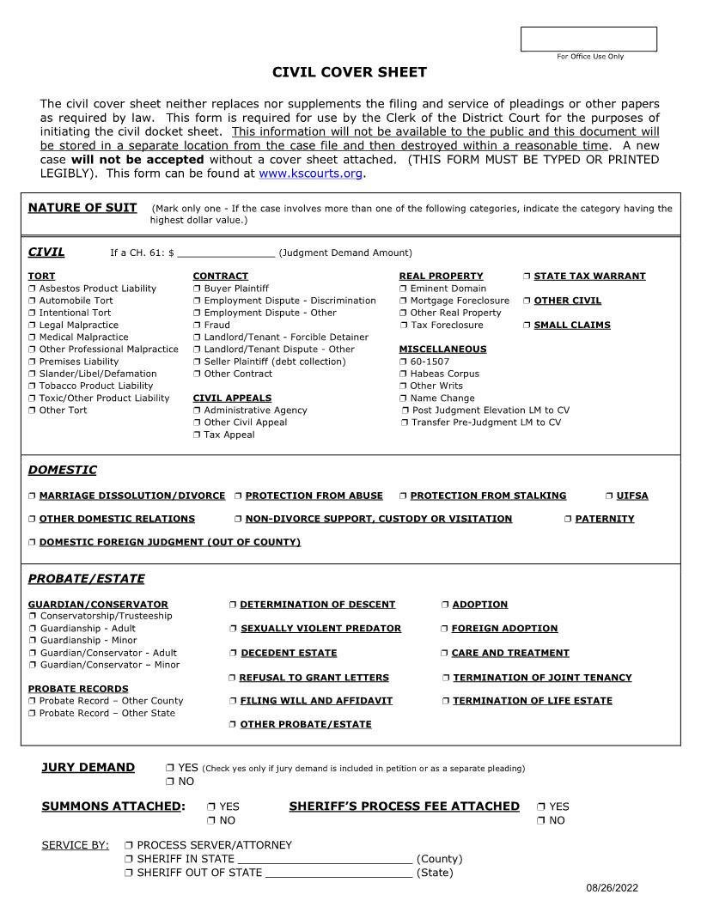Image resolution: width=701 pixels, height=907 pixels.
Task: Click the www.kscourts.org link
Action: (x=310, y=173)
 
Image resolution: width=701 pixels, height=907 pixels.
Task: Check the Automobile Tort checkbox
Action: (x=32, y=301)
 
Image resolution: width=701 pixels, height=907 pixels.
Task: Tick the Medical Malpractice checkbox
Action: (x=32, y=338)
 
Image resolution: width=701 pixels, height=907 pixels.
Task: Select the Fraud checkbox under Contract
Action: (x=197, y=326)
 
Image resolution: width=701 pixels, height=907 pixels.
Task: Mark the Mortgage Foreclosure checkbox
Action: (x=403, y=301)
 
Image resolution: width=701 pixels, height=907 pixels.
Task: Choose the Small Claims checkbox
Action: (x=527, y=326)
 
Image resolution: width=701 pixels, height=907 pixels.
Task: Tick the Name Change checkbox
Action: (x=403, y=399)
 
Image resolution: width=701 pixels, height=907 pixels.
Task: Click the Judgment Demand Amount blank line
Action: (x=225, y=253)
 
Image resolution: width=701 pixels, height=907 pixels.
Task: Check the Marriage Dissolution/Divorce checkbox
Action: (x=32, y=496)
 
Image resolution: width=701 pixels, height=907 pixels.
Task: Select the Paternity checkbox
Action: (x=568, y=520)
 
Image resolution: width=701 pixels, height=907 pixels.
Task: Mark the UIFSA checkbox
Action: (x=609, y=496)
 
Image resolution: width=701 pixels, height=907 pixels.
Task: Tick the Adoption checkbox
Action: (x=445, y=606)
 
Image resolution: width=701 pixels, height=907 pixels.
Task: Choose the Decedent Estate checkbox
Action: (x=233, y=654)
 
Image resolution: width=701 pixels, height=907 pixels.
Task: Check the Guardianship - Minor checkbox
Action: (x=32, y=641)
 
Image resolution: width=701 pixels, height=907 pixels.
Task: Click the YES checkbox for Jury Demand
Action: (x=170, y=768)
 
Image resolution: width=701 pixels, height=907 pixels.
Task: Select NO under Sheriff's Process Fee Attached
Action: (x=541, y=821)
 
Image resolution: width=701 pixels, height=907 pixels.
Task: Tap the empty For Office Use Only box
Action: (x=588, y=40)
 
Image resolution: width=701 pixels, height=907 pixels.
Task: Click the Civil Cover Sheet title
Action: (x=350, y=73)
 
